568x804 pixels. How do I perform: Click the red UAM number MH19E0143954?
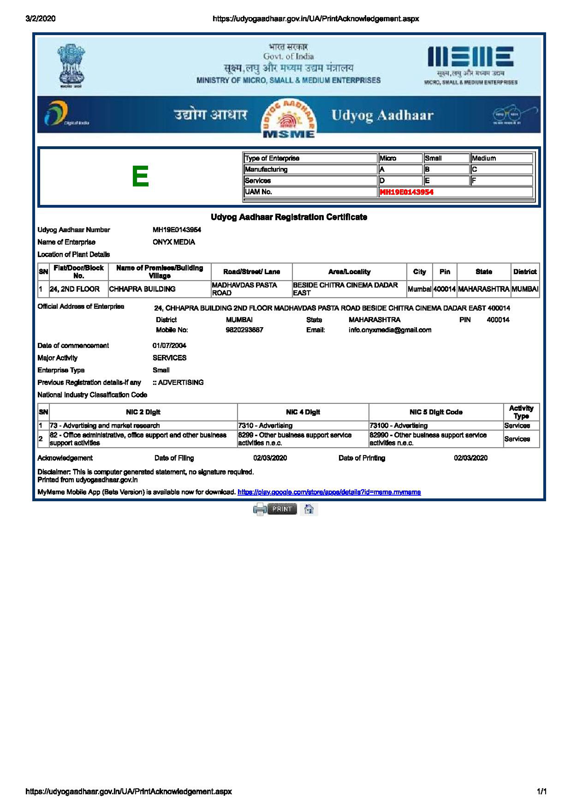point(406,192)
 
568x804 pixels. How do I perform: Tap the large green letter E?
point(140,176)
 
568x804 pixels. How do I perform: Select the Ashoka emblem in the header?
point(71,66)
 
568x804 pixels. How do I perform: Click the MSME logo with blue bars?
point(470,57)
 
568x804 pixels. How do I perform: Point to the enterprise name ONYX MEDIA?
point(174,242)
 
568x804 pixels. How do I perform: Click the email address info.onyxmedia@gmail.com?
point(390,330)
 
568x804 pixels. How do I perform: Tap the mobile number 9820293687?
point(244,330)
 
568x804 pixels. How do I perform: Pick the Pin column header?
point(445,272)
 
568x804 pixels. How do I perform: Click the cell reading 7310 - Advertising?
point(265,425)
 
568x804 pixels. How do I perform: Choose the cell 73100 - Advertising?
point(398,425)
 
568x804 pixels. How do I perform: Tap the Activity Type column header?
point(521,412)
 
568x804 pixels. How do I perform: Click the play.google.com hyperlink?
point(329,492)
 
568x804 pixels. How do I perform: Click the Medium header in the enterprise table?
point(484,158)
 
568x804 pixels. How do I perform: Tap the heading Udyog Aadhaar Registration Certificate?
point(289,217)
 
